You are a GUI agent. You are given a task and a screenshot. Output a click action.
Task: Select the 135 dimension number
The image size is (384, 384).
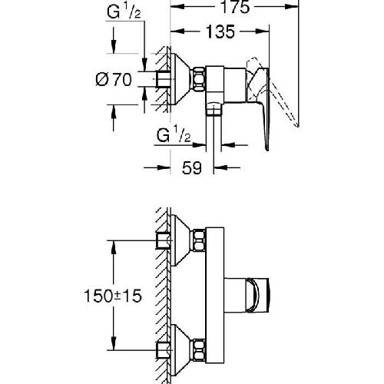click(x=218, y=32)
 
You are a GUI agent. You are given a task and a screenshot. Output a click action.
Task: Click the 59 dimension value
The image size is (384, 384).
click(x=191, y=167)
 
